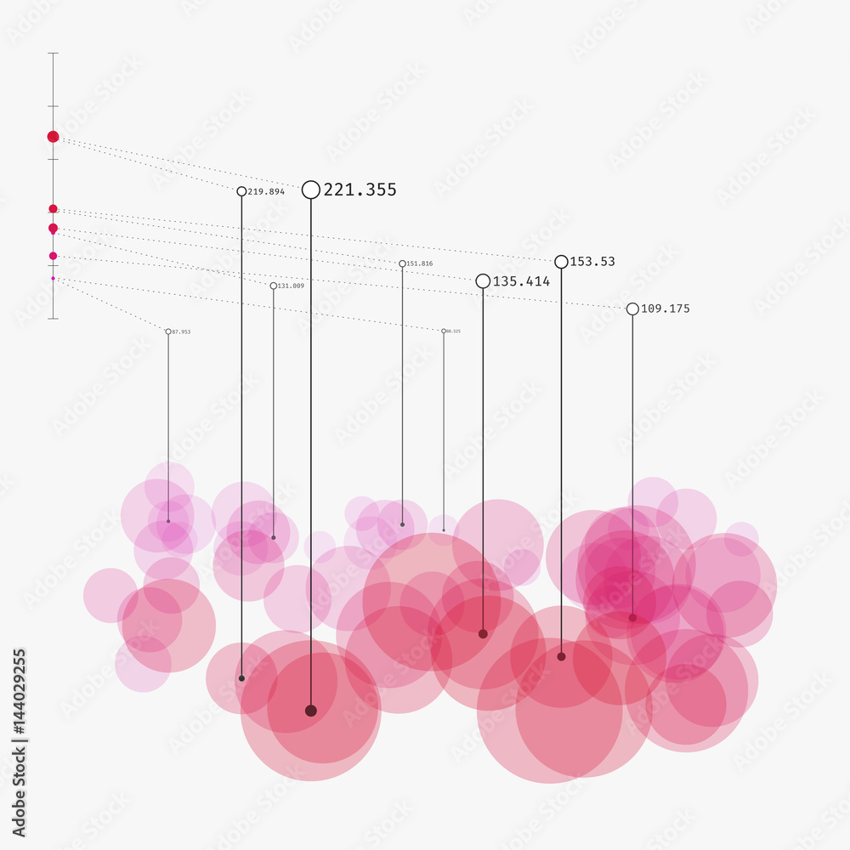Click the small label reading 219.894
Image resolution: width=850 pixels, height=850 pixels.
click(266, 192)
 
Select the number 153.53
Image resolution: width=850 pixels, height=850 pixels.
click(592, 262)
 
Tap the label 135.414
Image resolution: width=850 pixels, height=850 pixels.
click(521, 281)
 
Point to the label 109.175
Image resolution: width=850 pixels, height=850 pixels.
click(665, 309)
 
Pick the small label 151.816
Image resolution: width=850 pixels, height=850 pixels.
click(420, 263)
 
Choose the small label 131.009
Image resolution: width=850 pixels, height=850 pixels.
click(291, 286)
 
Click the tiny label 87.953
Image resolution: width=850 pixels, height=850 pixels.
click(181, 331)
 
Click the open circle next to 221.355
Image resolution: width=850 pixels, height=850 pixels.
click(311, 190)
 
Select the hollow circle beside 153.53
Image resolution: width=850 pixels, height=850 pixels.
click(561, 262)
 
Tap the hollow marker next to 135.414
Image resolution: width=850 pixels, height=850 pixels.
click(483, 281)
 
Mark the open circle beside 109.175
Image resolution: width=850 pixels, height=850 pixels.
click(632, 309)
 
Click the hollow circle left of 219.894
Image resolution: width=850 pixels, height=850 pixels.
click(241, 192)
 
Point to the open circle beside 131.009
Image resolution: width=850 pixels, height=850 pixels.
click(274, 286)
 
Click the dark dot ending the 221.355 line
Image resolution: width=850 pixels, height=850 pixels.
click(311, 711)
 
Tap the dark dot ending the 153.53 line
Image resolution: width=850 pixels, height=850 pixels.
click(561, 656)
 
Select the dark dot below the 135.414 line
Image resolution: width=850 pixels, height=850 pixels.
click(483, 633)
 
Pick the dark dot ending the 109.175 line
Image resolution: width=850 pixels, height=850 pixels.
click(632, 618)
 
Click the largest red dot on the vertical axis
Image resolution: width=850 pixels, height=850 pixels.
click(53, 136)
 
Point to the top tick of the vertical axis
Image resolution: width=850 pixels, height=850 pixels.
click(53, 54)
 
